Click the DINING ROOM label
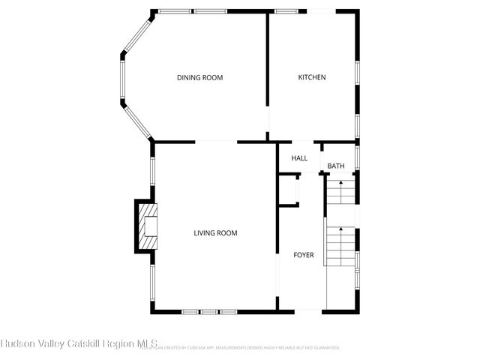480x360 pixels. [199, 78]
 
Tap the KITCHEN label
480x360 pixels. [312, 77]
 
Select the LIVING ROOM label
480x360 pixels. [215, 233]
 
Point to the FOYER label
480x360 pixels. [303, 256]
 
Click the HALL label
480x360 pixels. [299, 158]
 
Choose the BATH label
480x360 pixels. [335, 166]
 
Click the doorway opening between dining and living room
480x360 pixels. [216, 141]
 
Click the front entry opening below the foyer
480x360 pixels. [303, 310]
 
